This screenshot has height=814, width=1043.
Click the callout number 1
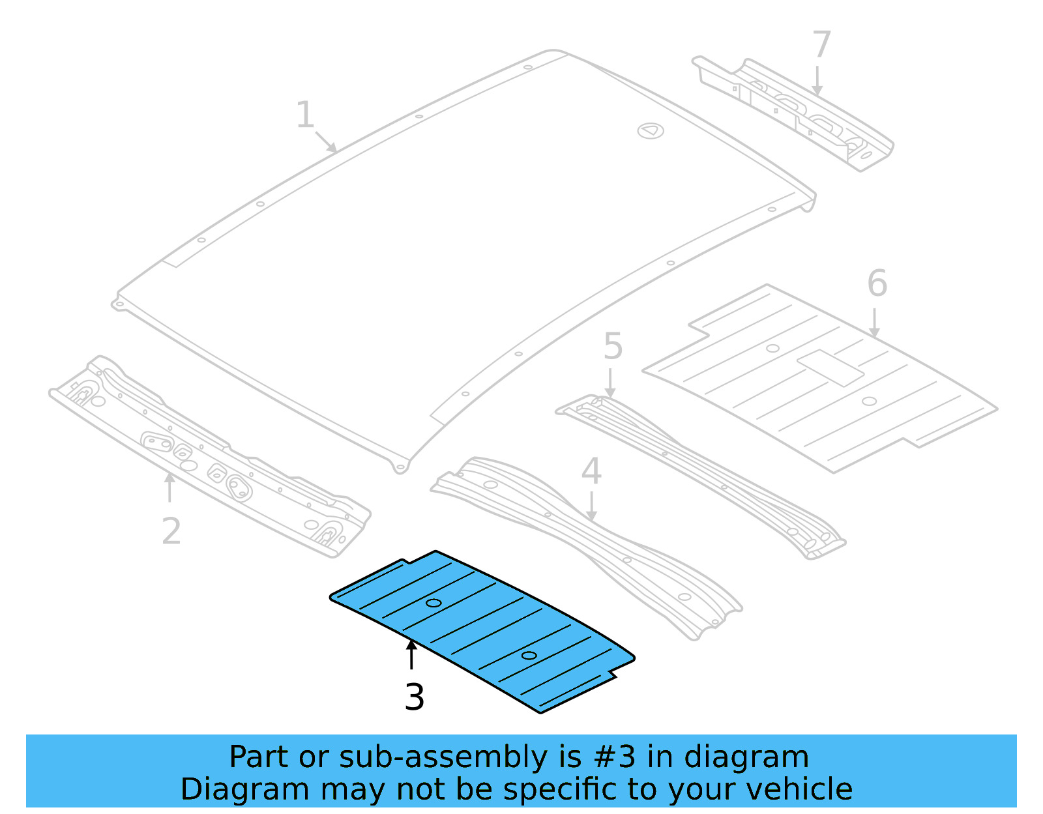305,115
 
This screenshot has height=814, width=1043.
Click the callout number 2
171,531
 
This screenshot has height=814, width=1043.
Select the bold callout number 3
415,697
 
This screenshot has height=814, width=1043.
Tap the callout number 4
591,471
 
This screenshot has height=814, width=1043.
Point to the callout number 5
613,346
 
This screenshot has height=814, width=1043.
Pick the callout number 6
877,283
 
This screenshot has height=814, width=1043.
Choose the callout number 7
821,45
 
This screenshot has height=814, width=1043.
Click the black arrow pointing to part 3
411,654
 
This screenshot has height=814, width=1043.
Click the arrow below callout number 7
817,81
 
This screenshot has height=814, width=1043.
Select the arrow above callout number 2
169,487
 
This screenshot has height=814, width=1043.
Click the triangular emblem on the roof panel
650,131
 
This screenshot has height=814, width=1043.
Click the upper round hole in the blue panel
433,603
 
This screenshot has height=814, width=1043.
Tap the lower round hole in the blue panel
529,655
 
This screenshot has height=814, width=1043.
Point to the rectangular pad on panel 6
830,368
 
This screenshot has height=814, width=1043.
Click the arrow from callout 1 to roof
326,142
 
